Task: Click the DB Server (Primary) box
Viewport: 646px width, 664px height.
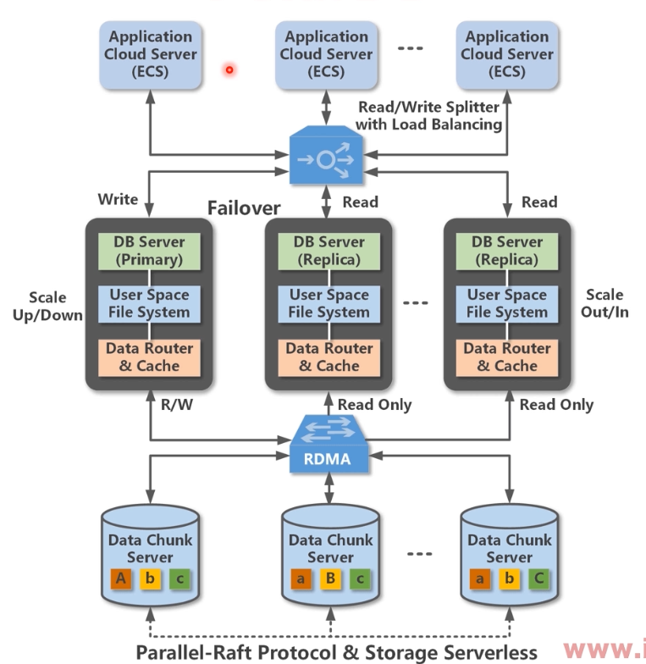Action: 149,250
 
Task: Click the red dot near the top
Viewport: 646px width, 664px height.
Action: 229,69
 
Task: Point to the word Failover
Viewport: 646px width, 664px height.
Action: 244,207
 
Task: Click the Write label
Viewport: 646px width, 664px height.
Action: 118,199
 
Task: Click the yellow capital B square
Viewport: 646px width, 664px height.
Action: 330,579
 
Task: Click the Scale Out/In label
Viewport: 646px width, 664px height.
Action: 605,304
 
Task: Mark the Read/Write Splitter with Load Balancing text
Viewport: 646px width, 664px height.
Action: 428,116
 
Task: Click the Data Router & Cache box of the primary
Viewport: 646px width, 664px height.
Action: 149,357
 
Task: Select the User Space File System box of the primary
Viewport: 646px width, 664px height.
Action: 149,303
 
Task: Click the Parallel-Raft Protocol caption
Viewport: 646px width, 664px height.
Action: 336,651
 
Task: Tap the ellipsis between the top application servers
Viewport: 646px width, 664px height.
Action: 411,48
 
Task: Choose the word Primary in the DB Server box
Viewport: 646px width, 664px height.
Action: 149,258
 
